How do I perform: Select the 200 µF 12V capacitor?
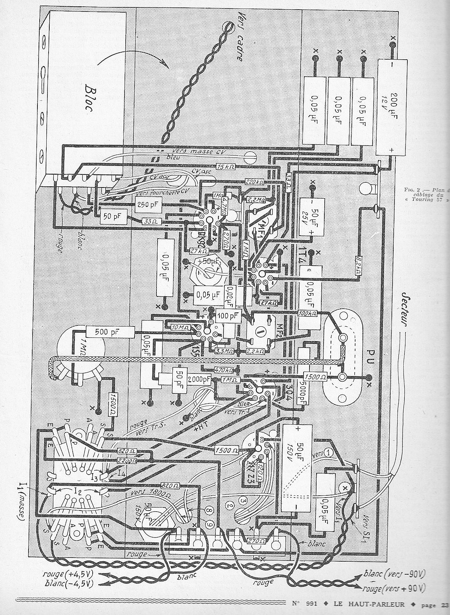pyautogui.click(x=389, y=107)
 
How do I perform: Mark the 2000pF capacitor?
pyautogui.click(x=199, y=379)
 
